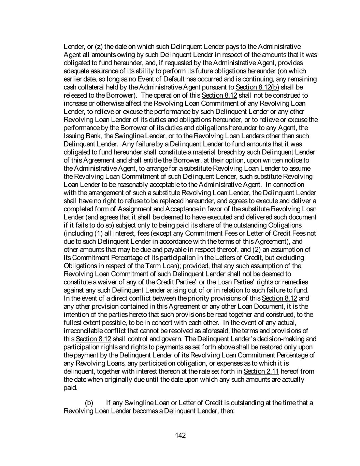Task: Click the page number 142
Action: pos(180,435)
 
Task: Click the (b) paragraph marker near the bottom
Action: pos(89,403)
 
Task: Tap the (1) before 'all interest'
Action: pos(98,234)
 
